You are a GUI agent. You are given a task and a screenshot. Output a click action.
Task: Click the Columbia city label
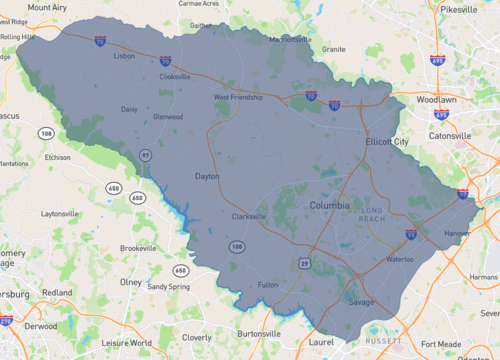coord(329,205)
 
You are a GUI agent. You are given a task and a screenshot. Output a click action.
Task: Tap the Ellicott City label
coord(387,142)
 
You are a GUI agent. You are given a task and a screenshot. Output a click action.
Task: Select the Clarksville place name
coord(249,216)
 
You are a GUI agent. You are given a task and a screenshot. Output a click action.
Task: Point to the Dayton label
coord(207,176)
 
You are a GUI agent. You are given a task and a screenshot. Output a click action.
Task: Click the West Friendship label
coord(238,97)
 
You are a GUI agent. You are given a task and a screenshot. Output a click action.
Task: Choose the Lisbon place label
coord(124,56)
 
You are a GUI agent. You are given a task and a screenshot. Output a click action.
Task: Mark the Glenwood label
coord(167,116)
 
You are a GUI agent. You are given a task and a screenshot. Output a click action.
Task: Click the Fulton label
coord(268,285)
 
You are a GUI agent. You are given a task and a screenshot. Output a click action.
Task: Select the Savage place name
coord(361,301)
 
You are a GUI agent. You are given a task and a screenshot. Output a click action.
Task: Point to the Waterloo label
coord(400,259)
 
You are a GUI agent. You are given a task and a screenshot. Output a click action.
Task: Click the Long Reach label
coord(372,213)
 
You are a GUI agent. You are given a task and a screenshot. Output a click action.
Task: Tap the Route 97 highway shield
coord(146,155)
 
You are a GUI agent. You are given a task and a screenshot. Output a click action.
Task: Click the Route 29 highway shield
coord(302,263)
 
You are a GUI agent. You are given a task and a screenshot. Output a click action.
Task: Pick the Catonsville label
coord(450,134)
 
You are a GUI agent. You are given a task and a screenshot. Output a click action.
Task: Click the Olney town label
coord(131,282)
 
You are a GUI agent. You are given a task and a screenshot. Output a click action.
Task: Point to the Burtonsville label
coord(259,333)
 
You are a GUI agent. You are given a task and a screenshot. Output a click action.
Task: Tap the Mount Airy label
coord(47,7)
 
